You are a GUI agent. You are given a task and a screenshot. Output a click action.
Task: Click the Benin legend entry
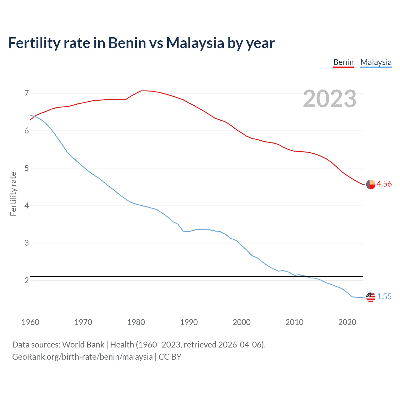343,62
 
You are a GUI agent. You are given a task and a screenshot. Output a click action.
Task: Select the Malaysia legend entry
376,62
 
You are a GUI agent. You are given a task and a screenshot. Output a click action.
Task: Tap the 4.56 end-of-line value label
384,184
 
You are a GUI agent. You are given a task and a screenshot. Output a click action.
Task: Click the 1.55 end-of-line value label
384,297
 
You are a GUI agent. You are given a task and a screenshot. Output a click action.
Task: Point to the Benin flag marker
371,185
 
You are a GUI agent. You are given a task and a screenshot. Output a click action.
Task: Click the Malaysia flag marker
371,297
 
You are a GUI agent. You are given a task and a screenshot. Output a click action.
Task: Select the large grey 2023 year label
329,99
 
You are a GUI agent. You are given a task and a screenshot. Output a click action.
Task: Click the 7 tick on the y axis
27,93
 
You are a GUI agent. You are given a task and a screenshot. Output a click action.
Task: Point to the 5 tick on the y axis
27,168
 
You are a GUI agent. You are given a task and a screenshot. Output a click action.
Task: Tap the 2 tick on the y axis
27,280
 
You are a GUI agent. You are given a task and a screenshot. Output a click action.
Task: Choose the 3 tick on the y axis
27,243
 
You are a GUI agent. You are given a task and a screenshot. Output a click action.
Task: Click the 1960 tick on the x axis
30,322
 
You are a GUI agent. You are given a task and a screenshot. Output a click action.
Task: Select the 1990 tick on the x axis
189,322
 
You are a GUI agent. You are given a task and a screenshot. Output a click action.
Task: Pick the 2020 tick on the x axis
347,322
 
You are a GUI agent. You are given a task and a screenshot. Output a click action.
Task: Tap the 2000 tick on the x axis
242,322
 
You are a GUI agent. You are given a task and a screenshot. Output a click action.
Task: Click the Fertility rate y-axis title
13,194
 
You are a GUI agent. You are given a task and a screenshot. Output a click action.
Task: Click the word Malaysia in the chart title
195,43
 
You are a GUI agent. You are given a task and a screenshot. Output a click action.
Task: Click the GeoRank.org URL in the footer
82,357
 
